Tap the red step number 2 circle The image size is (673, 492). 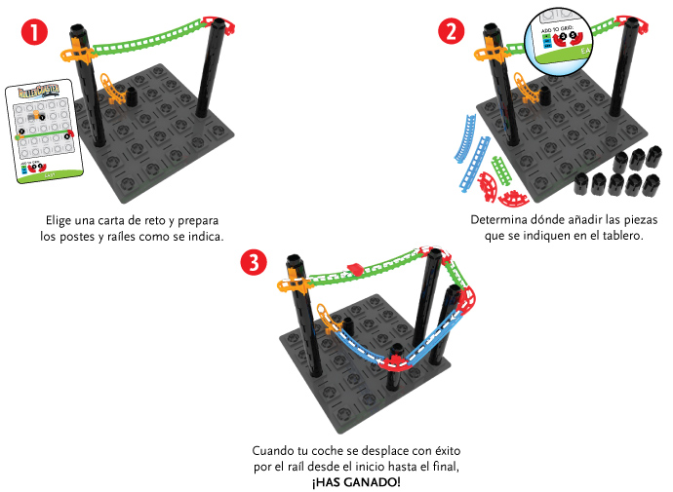coord(451,31)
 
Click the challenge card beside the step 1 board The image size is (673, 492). coord(44,132)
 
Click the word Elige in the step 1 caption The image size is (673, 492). coord(62,220)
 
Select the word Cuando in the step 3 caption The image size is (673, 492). coord(274,451)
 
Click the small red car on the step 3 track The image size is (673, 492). coord(355,268)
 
